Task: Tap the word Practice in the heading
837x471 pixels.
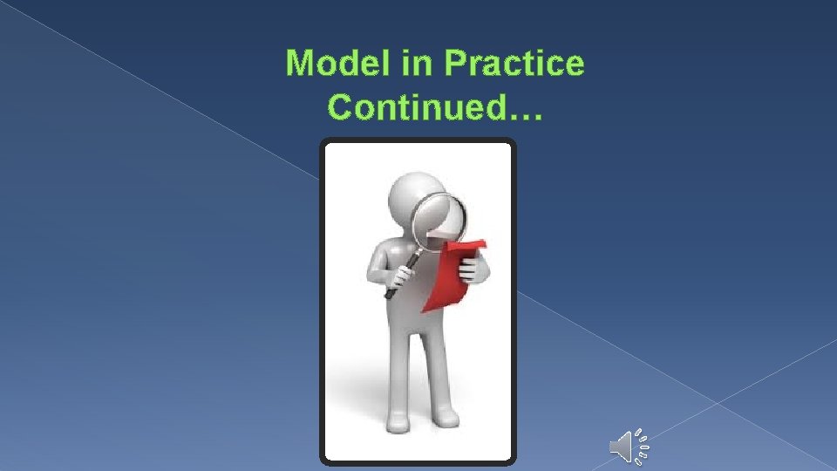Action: click(514, 64)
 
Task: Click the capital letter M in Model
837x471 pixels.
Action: click(302, 64)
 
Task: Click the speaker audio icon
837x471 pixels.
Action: click(623, 447)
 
